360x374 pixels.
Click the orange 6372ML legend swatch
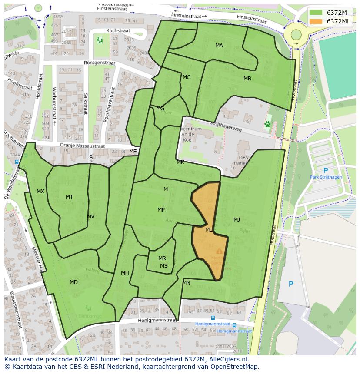pos(316,21)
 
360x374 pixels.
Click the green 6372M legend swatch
pos(316,13)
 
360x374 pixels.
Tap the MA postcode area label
pos(219,46)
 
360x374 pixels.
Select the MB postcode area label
pos(247,79)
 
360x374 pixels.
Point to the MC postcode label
pos(187,77)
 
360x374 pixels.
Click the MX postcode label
pos(40,192)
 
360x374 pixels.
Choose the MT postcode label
pos(69,197)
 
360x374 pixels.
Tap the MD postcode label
pos(73,282)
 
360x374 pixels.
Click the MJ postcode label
pos(237,219)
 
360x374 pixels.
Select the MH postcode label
pos(125,273)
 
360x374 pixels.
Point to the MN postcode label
pos(187,283)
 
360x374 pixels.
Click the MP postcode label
pos(161,210)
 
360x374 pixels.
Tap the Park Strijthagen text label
pos(326,177)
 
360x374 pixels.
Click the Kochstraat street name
pos(119,31)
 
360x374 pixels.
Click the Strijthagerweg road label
pos(225,126)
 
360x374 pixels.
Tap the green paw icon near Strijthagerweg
pos(267,124)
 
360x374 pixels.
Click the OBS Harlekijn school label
pos(246,161)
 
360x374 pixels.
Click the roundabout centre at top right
pos(296,34)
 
